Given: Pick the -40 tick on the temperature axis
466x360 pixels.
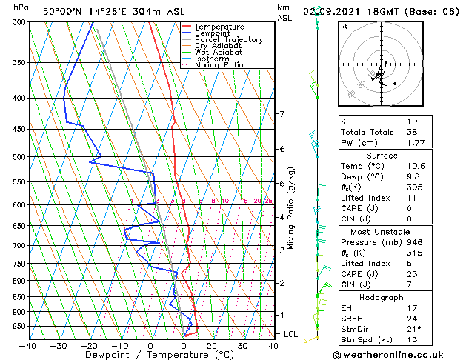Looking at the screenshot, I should pos(28,345).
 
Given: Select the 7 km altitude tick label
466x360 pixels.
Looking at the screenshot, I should pos(282,114).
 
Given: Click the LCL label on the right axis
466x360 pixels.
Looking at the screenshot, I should pos(290,334).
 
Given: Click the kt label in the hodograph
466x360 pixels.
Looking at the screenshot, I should pos(344,27).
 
